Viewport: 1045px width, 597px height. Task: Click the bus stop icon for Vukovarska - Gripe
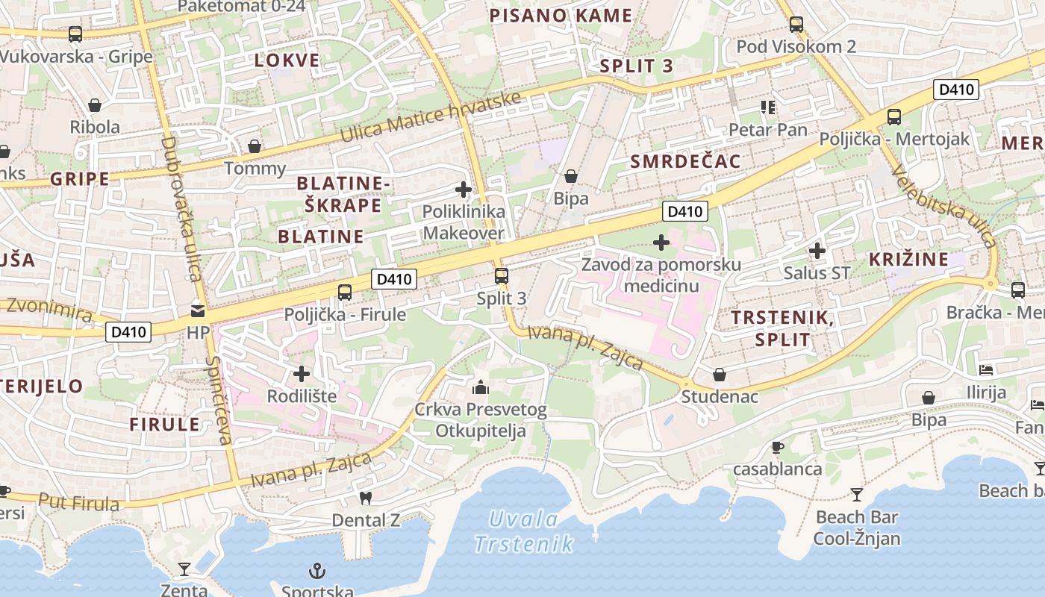[75, 34]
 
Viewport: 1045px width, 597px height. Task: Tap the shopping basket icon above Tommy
[255, 146]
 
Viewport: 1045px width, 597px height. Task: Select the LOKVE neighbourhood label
[287, 60]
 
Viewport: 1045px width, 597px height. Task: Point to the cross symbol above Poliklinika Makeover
[464, 190]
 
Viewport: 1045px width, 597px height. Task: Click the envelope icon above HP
[198, 310]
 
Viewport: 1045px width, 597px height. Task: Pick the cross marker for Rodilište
[302, 373]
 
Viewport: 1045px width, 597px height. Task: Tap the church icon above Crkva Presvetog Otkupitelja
[481, 387]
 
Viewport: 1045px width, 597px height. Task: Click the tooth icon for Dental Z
[365, 497]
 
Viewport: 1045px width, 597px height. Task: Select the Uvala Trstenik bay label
[525, 531]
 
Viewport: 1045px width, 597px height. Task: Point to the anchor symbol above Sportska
[318, 572]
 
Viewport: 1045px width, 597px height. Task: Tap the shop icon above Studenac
[720, 374]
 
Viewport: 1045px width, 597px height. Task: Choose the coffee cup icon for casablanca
[777, 447]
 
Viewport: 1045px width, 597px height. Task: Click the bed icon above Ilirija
[986, 369]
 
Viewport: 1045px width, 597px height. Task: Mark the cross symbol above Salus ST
[817, 251]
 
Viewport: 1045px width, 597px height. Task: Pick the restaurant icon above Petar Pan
[768, 107]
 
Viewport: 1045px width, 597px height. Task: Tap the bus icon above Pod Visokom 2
[796, 24]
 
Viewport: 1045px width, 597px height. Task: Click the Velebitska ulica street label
[944, 206]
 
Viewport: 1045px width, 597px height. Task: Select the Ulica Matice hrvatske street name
[431, 117]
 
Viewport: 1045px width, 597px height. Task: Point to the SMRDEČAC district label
[685, 161]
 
